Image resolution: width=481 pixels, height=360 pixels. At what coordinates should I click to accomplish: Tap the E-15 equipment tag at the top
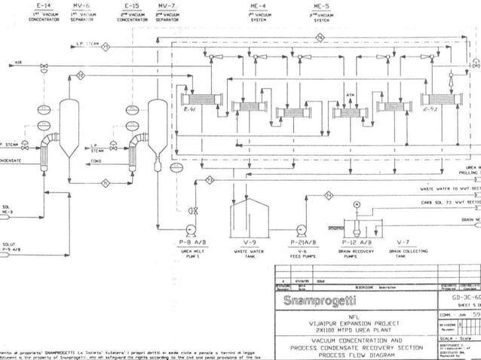[130, 5]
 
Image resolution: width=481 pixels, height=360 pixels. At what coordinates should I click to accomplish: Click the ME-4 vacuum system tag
[258, 5]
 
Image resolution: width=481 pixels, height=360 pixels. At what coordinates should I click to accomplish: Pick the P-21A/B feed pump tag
[303, 243]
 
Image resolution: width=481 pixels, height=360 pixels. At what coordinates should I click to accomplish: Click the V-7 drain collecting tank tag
[403, 243]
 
